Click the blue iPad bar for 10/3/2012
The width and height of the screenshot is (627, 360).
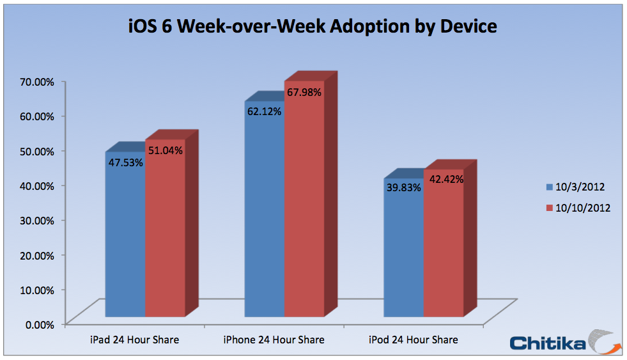tap(125, 243)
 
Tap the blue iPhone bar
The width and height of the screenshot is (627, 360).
tap(265, 217)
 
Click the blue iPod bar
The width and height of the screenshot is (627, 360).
tap(403, 256)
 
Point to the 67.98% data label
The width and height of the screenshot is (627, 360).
tap(304, 92)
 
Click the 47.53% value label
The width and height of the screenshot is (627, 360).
tap(125, 162)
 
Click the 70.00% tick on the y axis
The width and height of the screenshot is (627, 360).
tap(36, 82)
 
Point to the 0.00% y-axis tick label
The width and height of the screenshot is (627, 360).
tap(39, 324)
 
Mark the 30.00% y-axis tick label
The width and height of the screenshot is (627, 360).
tap(36, 220)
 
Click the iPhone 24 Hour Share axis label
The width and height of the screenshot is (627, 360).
tap(274, 340)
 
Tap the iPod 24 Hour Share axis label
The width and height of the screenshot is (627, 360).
tap(413, 340)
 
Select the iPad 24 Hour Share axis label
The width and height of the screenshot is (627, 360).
tap(134, 340)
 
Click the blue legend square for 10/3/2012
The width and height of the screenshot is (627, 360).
tap(548, 187)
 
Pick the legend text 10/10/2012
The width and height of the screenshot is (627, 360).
tap(582, 208)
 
